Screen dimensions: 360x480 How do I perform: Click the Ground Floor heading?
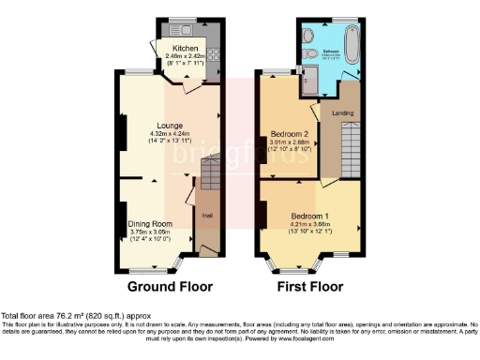pyautogui.click(x=170, y=286)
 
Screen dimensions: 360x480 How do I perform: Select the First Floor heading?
pyautogui.click(x=310, y=286)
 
